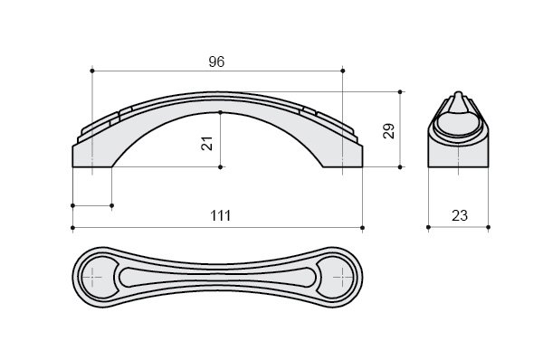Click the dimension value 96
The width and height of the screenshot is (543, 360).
[x=216, y=62]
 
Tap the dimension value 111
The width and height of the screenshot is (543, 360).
[x=220, y=215]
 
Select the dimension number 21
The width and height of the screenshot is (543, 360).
[x=206, y=143]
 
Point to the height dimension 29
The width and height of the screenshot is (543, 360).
[x=388, y=131]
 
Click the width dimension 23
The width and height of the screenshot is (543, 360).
[x=460, y=215]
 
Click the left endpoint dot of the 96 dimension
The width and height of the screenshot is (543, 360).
[x=92, y=71]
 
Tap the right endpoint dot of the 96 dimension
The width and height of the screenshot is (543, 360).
[x=343, y=71]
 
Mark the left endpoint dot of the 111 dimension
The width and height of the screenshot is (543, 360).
[x=72, y=227]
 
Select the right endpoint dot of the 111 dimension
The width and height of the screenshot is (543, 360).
[x=363, y=227]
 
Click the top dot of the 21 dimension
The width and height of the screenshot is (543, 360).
[x=220, y=112]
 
